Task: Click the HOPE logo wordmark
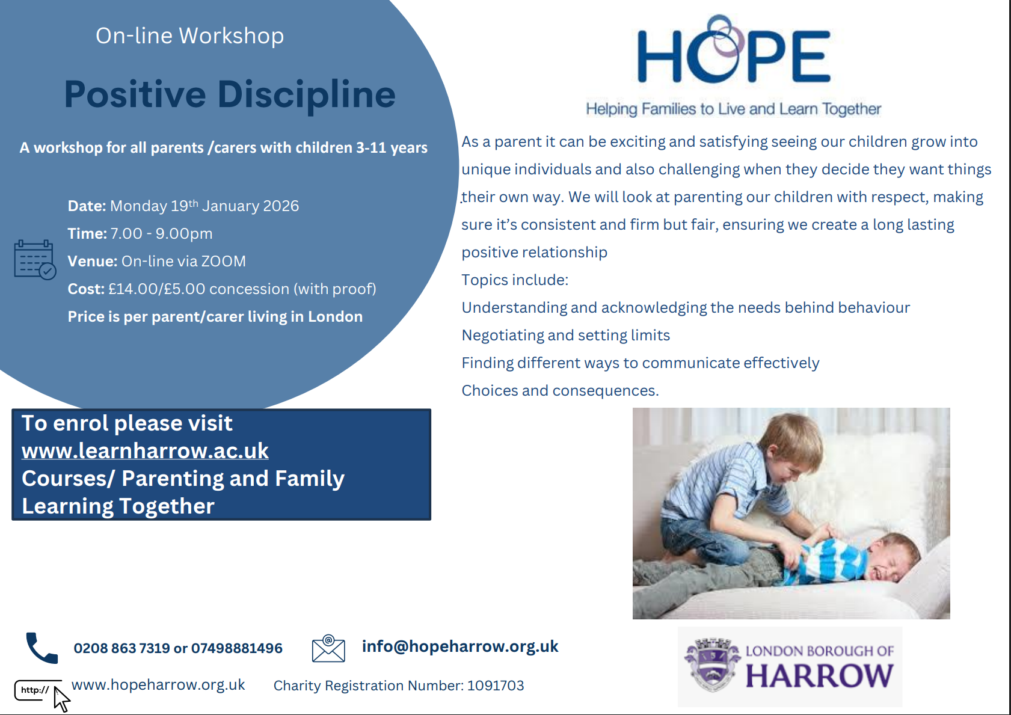(x=734, y=51)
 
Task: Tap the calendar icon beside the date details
(x=35, y=260)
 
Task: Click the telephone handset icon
(x=42, y=648)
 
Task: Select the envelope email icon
(x=328, y=648)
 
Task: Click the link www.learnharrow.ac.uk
(x=145, y=451)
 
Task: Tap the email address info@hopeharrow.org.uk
(x=460, y=646)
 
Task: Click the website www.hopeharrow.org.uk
(x=158, y=685)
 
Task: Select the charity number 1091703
(x=496, y=686)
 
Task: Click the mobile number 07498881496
(x=237, y=648)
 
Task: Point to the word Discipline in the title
(x=307, y=95)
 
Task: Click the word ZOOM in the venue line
(x=223, y=262)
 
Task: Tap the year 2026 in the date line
(x=281, y=206)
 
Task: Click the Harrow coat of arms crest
(x=712, y=664)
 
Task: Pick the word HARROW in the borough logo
(x=819, y=676)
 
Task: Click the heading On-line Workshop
(x=189, y=35)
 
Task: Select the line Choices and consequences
(x=560, y=390)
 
